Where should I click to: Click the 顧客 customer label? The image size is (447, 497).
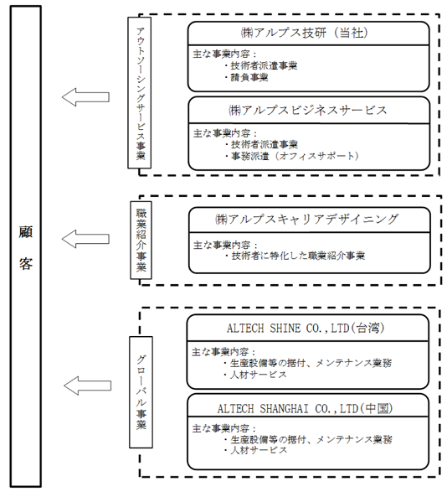click(25, 247)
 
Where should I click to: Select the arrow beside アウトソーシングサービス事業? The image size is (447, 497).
click(85, 97)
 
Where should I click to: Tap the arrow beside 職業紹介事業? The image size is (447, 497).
click(85, 239)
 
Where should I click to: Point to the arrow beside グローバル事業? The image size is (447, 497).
click(87, 386)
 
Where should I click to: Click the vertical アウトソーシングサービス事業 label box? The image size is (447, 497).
click(139, 93)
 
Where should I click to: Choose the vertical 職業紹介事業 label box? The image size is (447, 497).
click(141, 241)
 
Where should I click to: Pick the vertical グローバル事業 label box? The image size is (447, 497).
click(141, 392)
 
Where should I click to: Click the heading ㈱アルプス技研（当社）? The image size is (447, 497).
click(304, 33)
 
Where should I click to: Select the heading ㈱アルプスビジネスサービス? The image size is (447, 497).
click(308, 111)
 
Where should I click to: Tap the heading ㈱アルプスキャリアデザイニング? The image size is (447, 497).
click(306, 220)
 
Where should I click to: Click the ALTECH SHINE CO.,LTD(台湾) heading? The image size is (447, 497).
click(306, 328)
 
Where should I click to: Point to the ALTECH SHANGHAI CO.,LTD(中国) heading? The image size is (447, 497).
click(306, 408)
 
